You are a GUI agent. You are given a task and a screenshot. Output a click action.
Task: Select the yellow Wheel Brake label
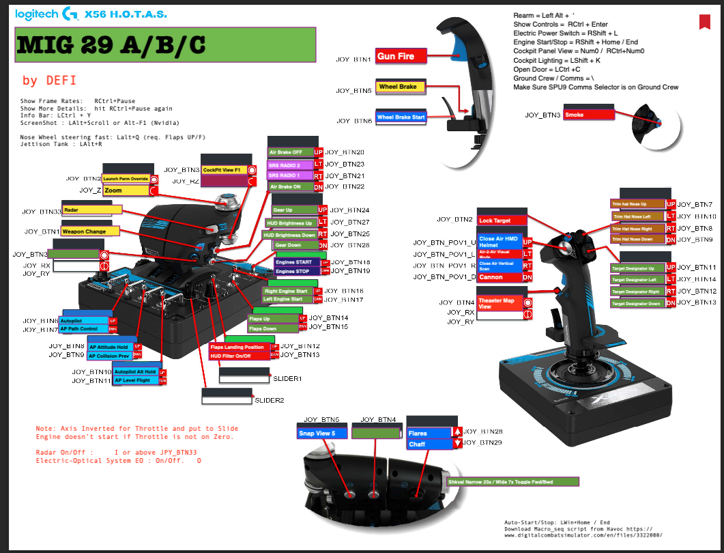[400, 87]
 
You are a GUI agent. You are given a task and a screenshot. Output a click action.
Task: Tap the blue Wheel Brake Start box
[401, 117]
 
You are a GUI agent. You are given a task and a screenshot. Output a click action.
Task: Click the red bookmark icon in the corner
[705, 22]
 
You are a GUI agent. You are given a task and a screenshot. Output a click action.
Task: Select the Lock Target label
[502, 221]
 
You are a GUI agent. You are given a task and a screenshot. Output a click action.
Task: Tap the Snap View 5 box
[322, 433]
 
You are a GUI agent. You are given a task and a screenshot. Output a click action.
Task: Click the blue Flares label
[429, 433]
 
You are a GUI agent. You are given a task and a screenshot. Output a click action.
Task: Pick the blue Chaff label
[429, 444]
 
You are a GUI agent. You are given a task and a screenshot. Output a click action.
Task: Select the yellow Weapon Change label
[91, 231]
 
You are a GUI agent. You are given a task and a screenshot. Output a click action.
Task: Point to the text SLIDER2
[269, 400]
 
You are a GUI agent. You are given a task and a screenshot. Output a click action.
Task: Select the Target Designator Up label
[637, 268]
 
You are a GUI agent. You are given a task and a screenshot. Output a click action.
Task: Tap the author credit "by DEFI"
[48, 81]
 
